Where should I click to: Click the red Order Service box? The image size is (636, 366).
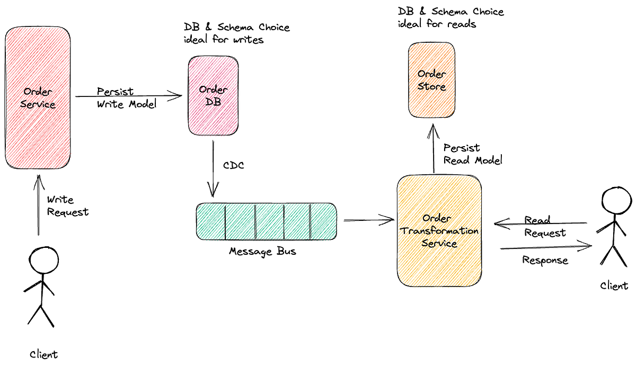click(38, 98)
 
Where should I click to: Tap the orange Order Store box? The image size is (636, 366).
click(431, 80)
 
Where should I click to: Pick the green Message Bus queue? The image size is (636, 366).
click(266, 221)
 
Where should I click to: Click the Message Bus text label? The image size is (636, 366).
click(262, 251)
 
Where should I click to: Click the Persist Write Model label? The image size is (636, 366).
click(127, 98)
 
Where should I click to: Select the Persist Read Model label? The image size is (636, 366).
click(473, 154)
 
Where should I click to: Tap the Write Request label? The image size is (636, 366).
click(68, 206)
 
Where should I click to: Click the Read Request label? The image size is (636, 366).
click(545, 226)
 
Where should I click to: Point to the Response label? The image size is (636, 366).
click(545, 260)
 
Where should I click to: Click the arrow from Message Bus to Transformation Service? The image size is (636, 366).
click(368, 219)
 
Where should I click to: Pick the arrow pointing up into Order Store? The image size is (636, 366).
click(434, 148)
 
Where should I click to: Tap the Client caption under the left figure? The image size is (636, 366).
click(43, 354)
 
